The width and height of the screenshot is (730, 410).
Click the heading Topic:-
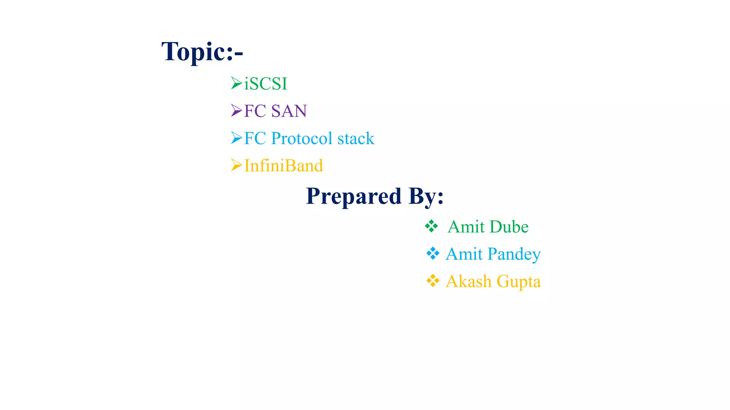[x=202, y=52]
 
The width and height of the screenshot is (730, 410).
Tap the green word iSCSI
[x=266, y=84]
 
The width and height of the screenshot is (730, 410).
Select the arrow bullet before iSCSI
[x=236, y=83]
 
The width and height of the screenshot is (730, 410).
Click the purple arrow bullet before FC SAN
[x=236, y=110]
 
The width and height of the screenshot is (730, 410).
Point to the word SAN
[x=289, y=111]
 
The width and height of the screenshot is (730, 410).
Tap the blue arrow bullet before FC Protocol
[x=236, y=138]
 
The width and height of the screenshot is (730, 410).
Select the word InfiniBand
[x=283, y=166]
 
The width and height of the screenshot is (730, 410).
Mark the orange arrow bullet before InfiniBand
[x=236, y=165]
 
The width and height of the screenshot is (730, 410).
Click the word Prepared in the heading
[x=354, y=196]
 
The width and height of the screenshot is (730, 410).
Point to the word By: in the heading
[x=426, y=196]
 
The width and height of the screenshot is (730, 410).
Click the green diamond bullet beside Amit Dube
[x=431, y=226]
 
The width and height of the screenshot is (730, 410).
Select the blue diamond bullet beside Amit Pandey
[x=433, y=253]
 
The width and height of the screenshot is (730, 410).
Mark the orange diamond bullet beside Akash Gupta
[x=433, y=281]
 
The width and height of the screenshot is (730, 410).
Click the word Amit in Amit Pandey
[x=464, y=254]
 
